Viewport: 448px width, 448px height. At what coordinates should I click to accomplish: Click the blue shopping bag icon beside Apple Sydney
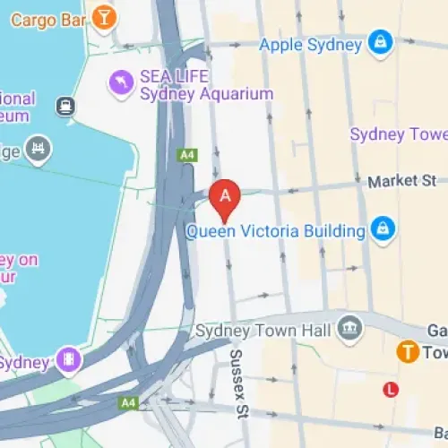[x=381, y=42]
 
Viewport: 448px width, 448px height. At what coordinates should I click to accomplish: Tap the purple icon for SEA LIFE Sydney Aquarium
[x=119, y=84]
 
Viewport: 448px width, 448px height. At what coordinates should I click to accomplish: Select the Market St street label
[x=401, y=181]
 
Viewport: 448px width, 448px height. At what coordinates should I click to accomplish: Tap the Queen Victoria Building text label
[x=275, y=230]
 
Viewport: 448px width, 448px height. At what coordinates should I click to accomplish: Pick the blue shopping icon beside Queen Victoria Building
[x=383, y=228]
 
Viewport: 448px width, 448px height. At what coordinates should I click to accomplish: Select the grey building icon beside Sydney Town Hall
[x=352, y=329]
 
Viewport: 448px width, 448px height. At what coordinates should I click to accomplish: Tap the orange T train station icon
[x=409, y=351]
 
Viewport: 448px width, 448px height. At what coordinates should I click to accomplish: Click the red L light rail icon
[x=390, y=389]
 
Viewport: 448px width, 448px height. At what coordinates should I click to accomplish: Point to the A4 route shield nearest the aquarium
[x=187, y=155]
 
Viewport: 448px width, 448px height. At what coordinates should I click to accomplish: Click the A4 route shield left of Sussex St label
[x=130, y=403]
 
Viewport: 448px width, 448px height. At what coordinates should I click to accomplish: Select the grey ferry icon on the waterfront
[x=65, y=108]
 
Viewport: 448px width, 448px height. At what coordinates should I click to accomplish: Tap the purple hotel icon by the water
[x=67, y=361]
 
